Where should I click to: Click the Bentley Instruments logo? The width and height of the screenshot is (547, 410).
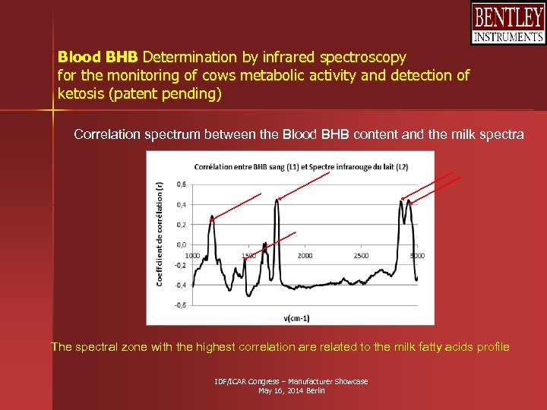click(x=507, y=24)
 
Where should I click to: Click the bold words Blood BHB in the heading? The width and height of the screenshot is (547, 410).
click(x=98, y=57)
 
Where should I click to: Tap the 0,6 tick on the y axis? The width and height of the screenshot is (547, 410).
click(x=181, y=184)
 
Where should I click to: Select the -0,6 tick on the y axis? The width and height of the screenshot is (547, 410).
click(x=180, y=305)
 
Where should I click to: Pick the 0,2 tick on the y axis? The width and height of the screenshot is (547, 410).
click(x=181, y=225)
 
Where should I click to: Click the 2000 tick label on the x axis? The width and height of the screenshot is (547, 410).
click(x=305, y=256)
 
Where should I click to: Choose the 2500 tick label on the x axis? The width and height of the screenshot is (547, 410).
click(x=361, y=256)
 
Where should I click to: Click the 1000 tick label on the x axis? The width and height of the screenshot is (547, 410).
click(x=192, y=256)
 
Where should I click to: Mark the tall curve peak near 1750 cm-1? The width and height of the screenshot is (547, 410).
click(x=279, y=199)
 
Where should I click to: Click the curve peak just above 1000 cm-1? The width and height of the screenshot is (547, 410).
click(x=212, y=217)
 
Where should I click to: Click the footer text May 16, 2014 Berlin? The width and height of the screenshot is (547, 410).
click(x=292, y=390)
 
